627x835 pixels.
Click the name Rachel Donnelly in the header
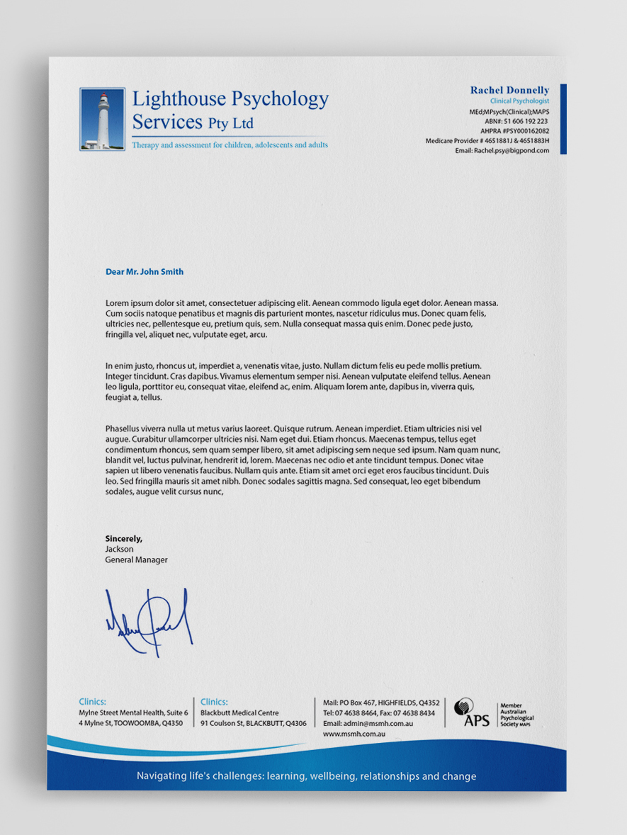click(x=509, y=91)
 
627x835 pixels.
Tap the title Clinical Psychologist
click(x=519, y=101)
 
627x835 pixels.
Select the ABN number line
click(x=521, y=121)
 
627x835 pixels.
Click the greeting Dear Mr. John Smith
click(x=145, y=272)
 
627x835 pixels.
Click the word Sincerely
click(x=123, y=539)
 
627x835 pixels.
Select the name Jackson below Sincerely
click(x=119, y=549)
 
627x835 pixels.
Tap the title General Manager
click(x=136, y=559)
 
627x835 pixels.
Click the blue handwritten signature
click(x=150, y=618)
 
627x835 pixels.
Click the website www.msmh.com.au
click(x=354, y=734)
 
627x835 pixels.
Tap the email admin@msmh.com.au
click(x=368, y=724)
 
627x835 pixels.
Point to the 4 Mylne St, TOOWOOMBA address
click(x=130, y=724)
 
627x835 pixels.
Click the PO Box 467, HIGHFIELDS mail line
click(x=381, y=703)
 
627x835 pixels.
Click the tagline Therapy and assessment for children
click(x=230, y=145)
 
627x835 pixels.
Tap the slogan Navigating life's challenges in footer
click(x=306, y=776)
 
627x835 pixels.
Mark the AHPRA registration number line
click(x=516, y=131)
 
